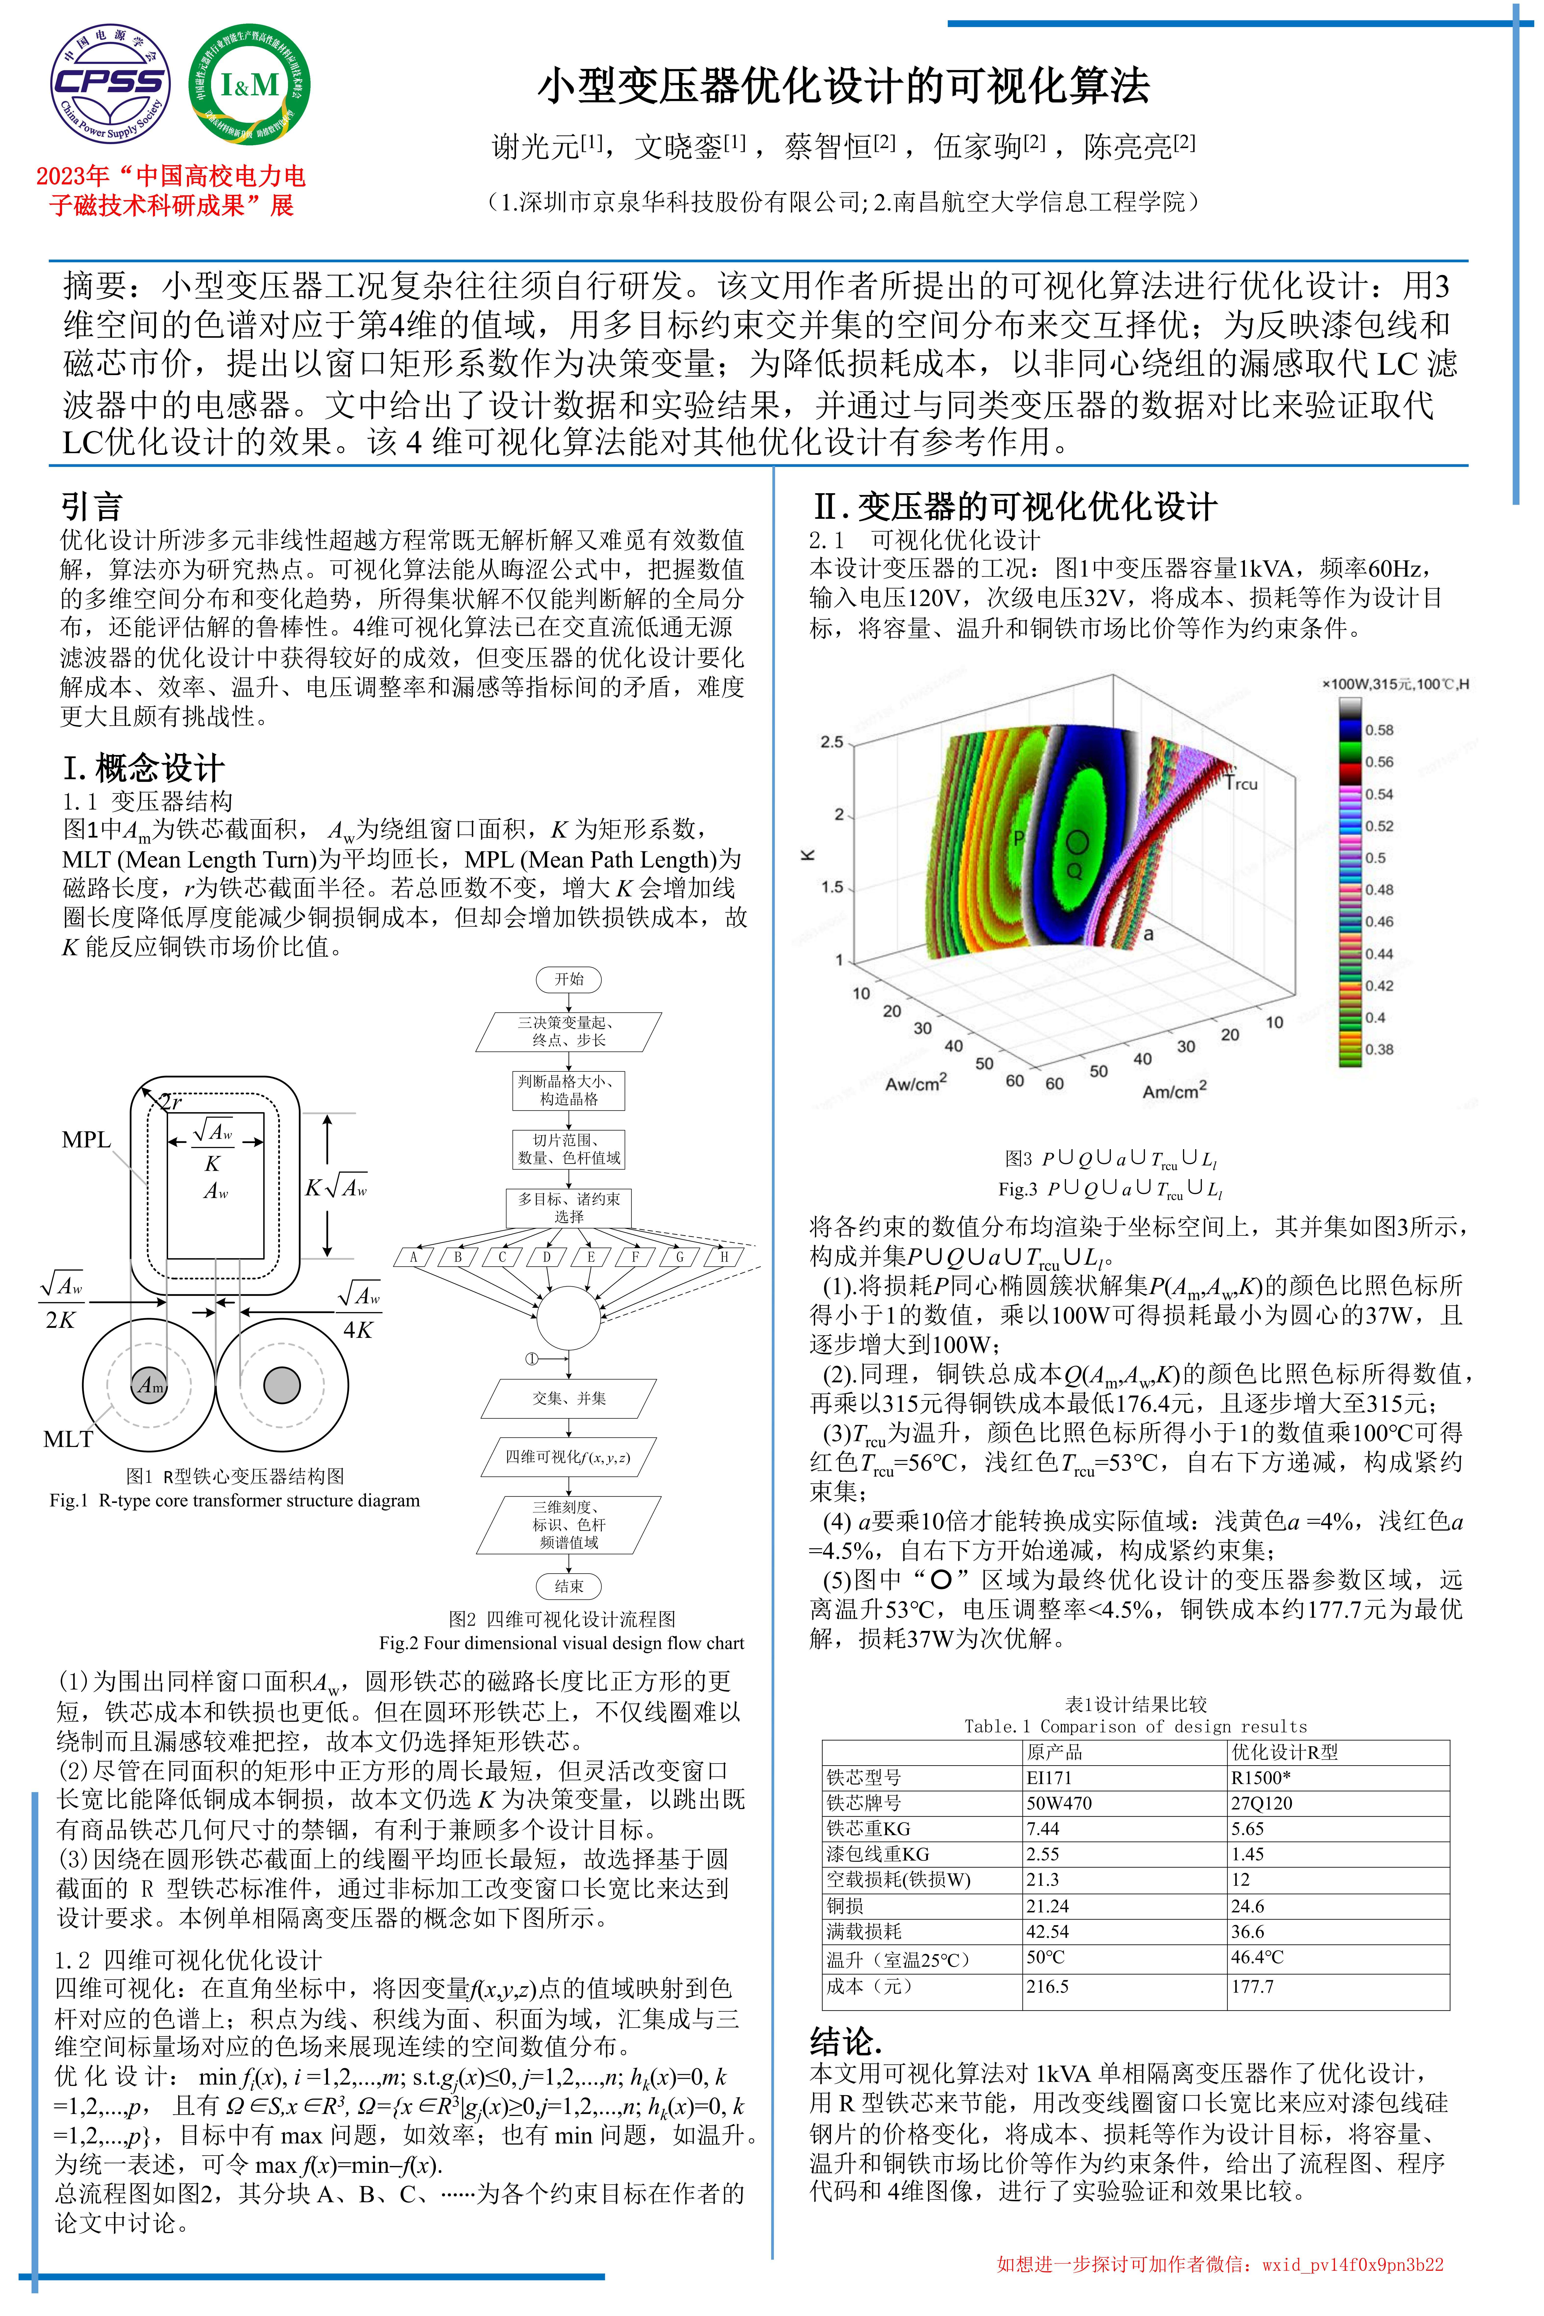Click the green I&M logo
(249, 85)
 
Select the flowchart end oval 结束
(568, 1586)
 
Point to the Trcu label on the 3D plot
(1242, 784)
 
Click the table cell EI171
(1049, 1778)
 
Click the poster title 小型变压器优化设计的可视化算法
(844, 86)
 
